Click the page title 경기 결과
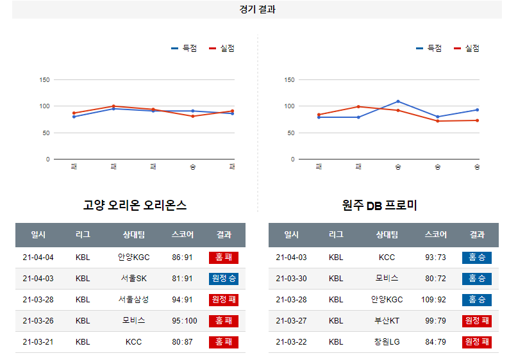tap(256, 10)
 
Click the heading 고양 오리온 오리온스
tap(135, 206)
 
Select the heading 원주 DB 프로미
tap(380, 206)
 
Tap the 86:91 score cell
tap(182, 258)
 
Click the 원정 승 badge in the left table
tap(224, 279)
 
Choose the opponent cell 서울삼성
tap(133, 300)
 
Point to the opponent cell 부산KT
tap(387, 321)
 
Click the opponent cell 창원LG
tap(387, 342)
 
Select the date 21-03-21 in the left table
tap(38, 342)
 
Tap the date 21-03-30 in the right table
tap(291, 279)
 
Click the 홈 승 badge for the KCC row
tap(476, 258)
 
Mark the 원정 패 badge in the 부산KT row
tap(476, 321)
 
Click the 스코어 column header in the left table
tap(182, 235)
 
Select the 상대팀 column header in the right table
tap(387, 235)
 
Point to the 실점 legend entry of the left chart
tap(222, 48)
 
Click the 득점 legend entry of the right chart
tap(429, 48)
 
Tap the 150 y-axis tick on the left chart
tap(44, 80)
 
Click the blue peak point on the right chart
tap(397, 101)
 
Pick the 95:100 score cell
tap(182, 321)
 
